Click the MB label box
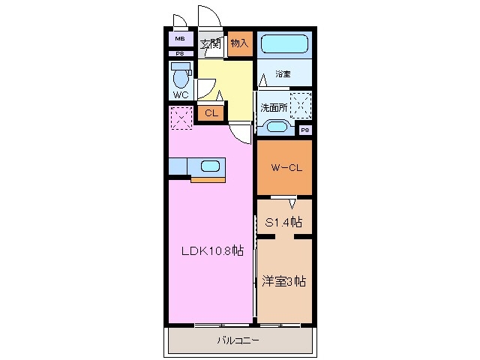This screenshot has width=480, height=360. click(x=180, y=39)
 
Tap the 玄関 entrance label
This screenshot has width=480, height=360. click(x=210, y=43)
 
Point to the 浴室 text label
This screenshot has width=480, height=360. click(x=282, y=74)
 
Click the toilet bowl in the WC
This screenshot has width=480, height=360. click(x=181, y=77)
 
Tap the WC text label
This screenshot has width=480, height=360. click(x=181, y=96)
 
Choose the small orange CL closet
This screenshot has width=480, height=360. click(x=211, y=113)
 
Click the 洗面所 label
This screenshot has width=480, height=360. click(x=274, y=107)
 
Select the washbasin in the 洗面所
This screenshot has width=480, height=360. click(x=276, y=127)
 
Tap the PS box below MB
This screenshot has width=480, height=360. click(x=180, y=54)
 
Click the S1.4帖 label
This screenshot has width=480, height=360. click(x=285, y=222)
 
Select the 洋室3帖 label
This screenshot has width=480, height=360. click(x=284, y=282)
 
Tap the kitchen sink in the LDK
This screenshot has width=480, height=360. click(x=209, y=166)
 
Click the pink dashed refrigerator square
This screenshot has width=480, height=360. click(x=181, y=118)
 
